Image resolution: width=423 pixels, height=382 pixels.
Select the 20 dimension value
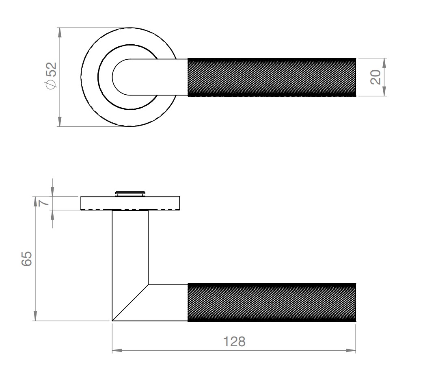pos(376,77)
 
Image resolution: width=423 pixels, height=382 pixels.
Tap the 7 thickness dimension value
pos(45,202)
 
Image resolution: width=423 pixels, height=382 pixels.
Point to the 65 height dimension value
pos(26,259)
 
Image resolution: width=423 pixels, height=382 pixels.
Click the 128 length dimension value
pos(235,341)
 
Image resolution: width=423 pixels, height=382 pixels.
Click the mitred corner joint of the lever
pos(130,302)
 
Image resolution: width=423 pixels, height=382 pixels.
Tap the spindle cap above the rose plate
pos(130,193)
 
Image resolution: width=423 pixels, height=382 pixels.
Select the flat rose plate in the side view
pos(130,203)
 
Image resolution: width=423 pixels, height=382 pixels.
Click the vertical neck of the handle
pos(130,248)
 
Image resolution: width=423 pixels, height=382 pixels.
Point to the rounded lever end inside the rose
pos(119,77)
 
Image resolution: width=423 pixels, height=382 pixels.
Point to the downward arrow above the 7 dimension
pos(52,191)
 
